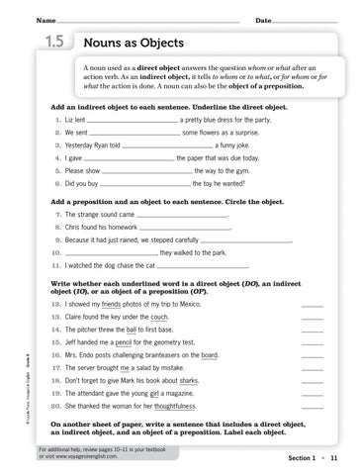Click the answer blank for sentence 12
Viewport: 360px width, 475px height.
tap(311, 307)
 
